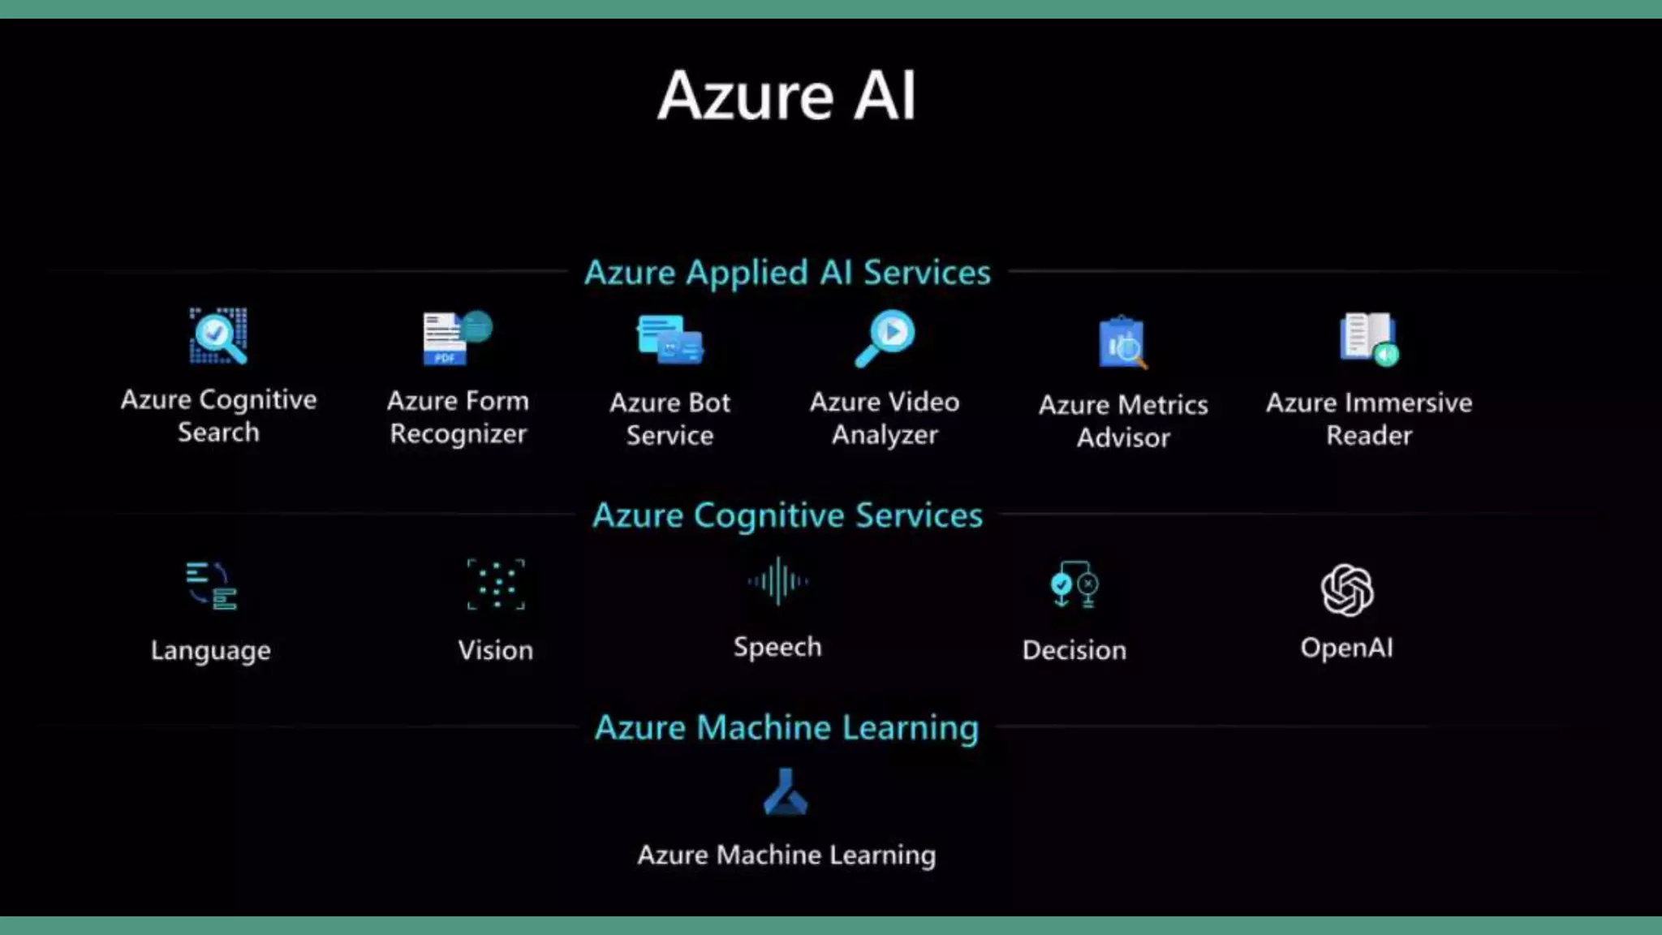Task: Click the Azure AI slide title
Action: [786, 96]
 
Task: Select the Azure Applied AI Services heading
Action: [787, 273]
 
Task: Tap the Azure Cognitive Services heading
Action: [787, 515]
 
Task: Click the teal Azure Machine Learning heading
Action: [786, 727]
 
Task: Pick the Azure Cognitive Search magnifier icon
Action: [218, 336]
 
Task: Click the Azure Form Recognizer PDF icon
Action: [457, 338]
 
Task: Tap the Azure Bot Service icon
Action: [670, 339]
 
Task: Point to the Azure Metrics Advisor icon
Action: [1123, 342]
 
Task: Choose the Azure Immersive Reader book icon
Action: [1369, 339]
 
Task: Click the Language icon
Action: [211, 585]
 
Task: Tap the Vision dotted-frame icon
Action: [496, 584]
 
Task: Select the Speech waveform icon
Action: [777, 581]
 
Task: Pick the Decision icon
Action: [1074, 584]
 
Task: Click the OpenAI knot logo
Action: [1347, 590]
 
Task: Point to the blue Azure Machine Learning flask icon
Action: [786, 791]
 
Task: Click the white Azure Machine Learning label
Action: [786, 855]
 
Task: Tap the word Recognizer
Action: [459, 435]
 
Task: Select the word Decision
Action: [1074, 650]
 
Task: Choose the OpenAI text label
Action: [1347, 648]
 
